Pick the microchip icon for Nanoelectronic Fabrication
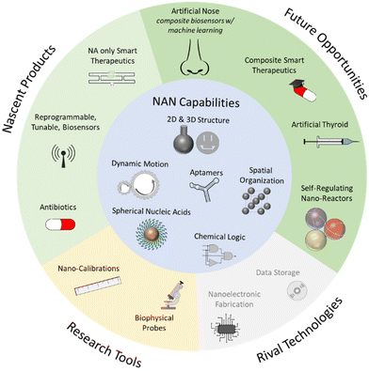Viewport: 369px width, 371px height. point(222,323)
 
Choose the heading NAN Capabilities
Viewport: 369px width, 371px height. point(184,104)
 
